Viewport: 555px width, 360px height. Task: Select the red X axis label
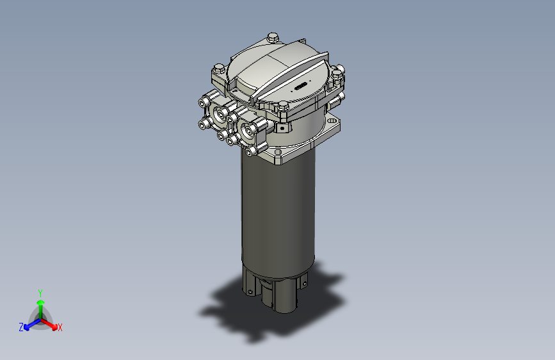[x=60, y=327]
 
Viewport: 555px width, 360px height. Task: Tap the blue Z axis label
[x=21, y=327]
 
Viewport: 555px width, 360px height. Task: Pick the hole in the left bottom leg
[x=248, y=291]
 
